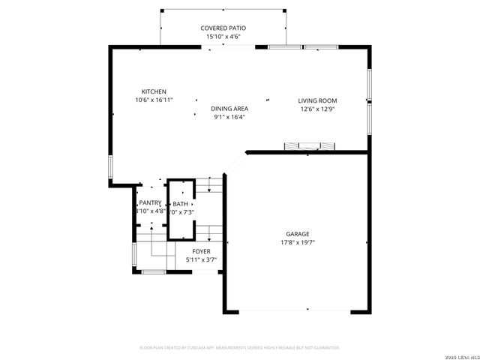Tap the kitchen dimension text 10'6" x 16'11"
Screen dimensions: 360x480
[x=154, y=100]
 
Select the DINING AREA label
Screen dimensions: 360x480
[x=229, y=109]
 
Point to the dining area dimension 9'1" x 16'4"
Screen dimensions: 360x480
[x=229, y=117]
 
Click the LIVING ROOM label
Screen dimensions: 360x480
[x=317, y=100]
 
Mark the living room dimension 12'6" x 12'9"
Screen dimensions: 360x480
[x=317, y=109]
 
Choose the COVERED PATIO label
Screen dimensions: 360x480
[x=223, y=28]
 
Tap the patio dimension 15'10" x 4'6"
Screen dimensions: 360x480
[x=223, y=37]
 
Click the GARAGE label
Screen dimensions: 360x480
[x=297, y=234]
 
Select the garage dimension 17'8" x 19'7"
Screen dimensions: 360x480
[x=297, y=242]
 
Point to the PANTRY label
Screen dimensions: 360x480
[x=150, y=203]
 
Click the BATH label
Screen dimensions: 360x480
[x=181, y=204]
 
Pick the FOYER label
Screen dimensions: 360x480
[x=201, y=251]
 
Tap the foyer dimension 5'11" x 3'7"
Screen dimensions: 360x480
[x=201, y=260]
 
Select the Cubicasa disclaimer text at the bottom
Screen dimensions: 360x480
[x=240, y=347]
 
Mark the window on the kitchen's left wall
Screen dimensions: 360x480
[x=110, y=166]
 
